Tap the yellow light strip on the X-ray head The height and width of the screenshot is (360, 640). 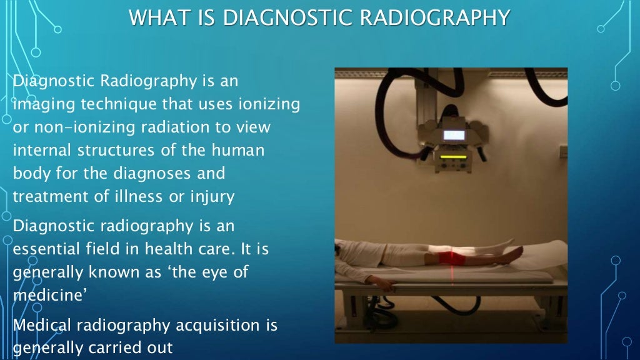(x=454, y=157)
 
